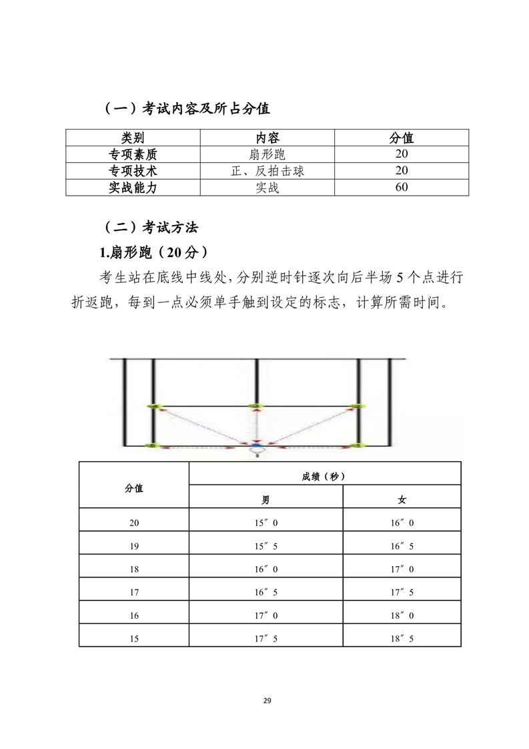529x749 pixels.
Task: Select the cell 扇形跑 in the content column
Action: (267, 155)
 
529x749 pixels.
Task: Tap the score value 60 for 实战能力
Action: (401, 188)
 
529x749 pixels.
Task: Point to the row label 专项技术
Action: (132, 171)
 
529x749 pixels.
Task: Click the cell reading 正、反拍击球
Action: (267, 171)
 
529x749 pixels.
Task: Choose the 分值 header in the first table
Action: (401, 138)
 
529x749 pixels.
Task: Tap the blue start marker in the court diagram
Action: (255, 445)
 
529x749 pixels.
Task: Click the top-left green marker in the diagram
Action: (155, 406)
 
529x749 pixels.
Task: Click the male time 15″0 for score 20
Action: (266, 523)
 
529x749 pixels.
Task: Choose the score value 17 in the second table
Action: (134, 592)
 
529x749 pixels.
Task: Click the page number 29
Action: (266, 701)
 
